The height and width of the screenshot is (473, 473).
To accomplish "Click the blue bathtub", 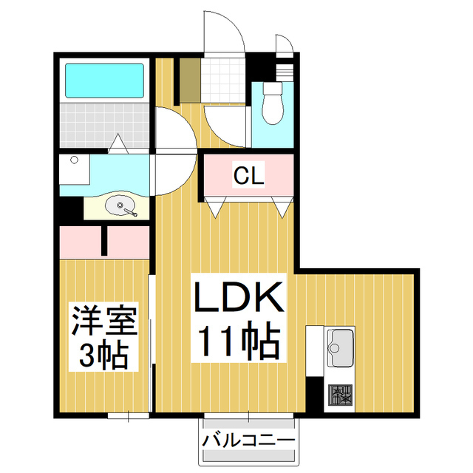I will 104,81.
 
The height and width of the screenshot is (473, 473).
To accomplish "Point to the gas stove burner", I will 341,398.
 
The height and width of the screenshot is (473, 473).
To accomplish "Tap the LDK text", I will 238,300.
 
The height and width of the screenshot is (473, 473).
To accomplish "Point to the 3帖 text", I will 103,356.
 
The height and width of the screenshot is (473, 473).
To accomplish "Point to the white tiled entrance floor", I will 222,78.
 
